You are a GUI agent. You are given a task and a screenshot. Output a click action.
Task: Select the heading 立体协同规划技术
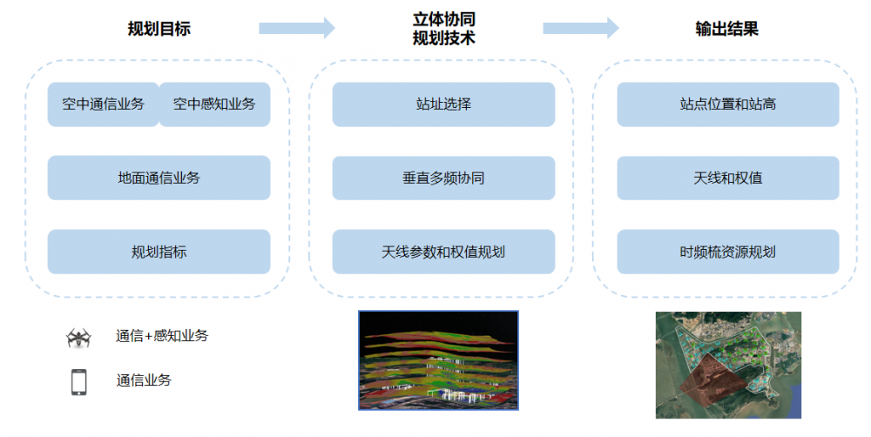point(443,29)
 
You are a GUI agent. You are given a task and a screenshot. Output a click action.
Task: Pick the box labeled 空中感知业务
point(214,104)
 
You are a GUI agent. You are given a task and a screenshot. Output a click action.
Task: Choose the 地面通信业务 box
point(159,178)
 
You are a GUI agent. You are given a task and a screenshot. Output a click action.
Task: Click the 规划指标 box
point(159,252)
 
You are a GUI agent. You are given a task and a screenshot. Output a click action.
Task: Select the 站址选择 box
point(443,104)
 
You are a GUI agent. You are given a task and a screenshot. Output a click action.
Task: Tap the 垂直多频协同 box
point(443,178)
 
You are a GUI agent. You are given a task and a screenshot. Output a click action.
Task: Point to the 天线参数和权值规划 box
point(443,252)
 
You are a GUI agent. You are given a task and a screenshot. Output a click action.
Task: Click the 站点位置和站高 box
point(728,104)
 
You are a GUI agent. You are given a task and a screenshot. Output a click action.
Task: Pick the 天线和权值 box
point(728,178)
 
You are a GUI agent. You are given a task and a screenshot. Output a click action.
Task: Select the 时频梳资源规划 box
point(728,252)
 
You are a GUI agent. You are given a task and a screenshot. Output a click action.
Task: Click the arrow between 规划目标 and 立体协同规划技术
point(296,28)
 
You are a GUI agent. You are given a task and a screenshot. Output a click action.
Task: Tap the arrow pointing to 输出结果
point(580,28)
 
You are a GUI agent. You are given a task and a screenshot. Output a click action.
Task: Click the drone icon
point(79,337)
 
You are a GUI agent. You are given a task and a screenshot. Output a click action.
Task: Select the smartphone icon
point(79,381)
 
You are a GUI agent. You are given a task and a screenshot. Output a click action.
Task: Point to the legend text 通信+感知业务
point(162,336)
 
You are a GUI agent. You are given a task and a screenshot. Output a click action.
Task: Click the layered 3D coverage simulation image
point(438,360)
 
